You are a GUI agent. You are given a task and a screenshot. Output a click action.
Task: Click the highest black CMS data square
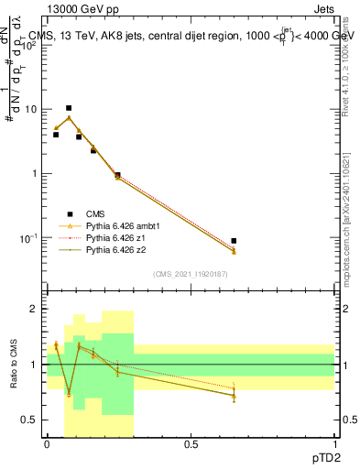tap(68, 108)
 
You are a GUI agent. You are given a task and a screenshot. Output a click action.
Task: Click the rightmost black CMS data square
tap(235, 241)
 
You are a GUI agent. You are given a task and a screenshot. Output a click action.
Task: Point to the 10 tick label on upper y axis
tap(32, 109)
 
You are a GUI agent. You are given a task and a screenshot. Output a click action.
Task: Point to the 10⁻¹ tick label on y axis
tap(29, 237)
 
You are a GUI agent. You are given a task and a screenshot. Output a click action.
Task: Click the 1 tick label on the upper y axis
tap(36, 173)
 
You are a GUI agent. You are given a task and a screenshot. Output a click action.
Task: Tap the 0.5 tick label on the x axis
tap(191, 444)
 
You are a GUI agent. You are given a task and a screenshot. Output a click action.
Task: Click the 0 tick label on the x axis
tap(47, 444)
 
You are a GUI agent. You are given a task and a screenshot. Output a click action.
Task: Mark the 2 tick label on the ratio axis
tap(37, 310)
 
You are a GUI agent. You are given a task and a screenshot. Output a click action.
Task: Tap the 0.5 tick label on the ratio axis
tap(32, 420)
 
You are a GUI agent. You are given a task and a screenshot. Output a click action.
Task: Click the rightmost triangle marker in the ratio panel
tap(234, 395)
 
